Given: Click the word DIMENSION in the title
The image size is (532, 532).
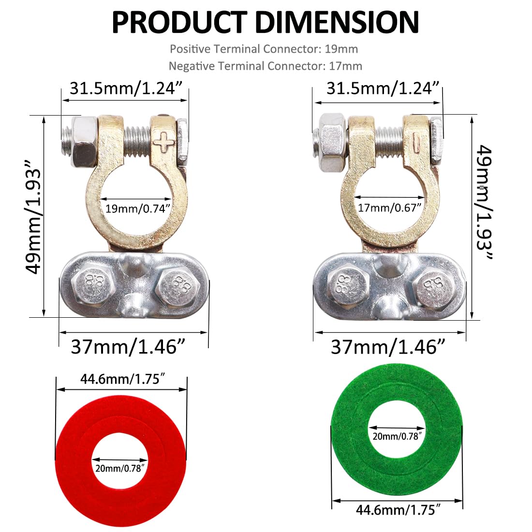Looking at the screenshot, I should (337, 22).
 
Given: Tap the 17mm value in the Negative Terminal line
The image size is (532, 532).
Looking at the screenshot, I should (345, 66).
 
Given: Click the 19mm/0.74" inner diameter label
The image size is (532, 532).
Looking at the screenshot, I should (138, 208).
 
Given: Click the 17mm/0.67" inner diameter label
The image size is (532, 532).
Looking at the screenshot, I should (390, 208).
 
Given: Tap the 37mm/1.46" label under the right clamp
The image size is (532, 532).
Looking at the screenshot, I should (388, 347).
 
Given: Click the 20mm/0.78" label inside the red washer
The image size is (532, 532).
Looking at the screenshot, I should (120, 468).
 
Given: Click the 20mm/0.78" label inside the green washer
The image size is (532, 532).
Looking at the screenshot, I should (397, 436).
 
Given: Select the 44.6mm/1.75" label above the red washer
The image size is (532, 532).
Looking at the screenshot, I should (120, 379).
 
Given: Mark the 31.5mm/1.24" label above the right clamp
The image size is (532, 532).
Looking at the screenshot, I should (383, 89).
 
